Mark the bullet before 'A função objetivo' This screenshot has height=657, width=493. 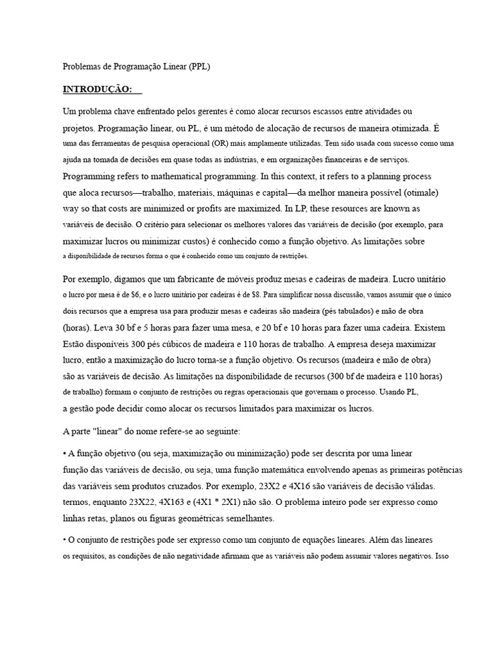[x=64, y=453]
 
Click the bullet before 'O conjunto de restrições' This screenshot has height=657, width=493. [x=64, y=540]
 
